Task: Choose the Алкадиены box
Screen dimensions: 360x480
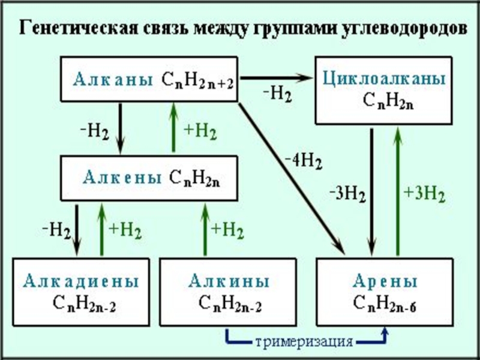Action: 81,292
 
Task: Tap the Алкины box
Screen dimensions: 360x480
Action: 229,292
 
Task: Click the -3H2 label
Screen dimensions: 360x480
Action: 347,193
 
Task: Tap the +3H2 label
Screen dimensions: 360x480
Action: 424,193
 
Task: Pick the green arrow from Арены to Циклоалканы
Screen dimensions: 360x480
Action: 397,192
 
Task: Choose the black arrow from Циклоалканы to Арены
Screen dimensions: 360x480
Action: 373,192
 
